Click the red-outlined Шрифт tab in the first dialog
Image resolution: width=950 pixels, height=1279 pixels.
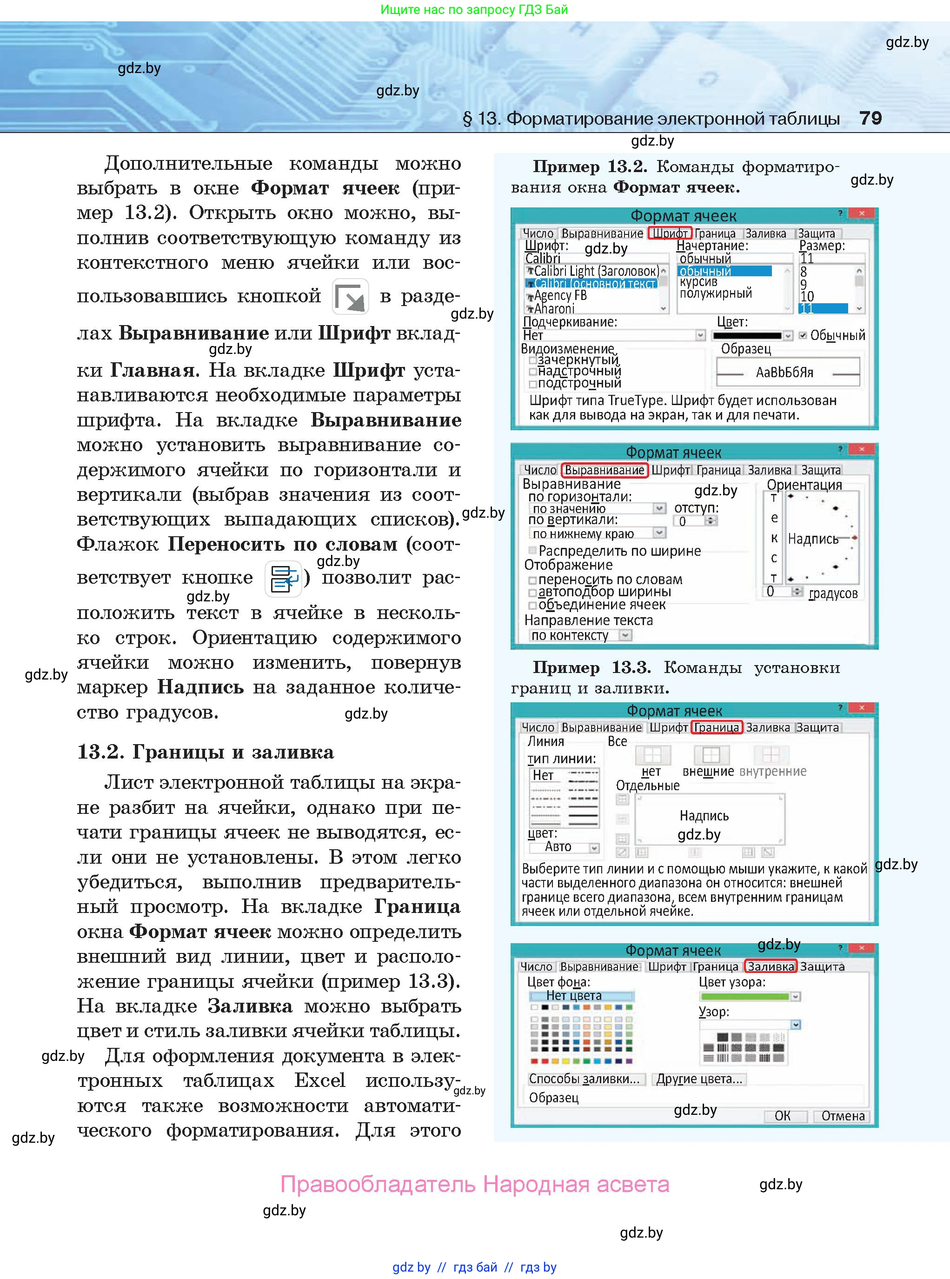(x=669, y=233)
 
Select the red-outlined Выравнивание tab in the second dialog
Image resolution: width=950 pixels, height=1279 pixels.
(x=604, y=470)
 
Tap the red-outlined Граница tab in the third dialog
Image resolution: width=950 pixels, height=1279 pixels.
(x=717, y=727)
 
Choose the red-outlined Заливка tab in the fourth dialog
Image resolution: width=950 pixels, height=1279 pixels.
(x=770, y=967)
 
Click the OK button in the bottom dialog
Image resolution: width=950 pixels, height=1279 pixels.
(x=782, y=1116)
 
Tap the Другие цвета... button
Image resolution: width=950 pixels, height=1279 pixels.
(x=699, y=1079)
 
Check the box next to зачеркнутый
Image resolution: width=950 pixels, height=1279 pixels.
(x=533, y=360)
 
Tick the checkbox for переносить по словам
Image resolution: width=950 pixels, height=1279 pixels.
(x=532, y=580)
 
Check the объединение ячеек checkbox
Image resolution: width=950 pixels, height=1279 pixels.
(x=532, y=606)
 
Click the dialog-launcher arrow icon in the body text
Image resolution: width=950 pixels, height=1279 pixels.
(x=350, y=297)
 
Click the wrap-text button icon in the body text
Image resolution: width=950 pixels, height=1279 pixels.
(x=284, y=579)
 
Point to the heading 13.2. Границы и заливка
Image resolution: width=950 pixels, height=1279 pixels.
(x=205, y=752)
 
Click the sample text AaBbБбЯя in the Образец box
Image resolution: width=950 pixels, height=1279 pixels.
(x=784, y=373)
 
